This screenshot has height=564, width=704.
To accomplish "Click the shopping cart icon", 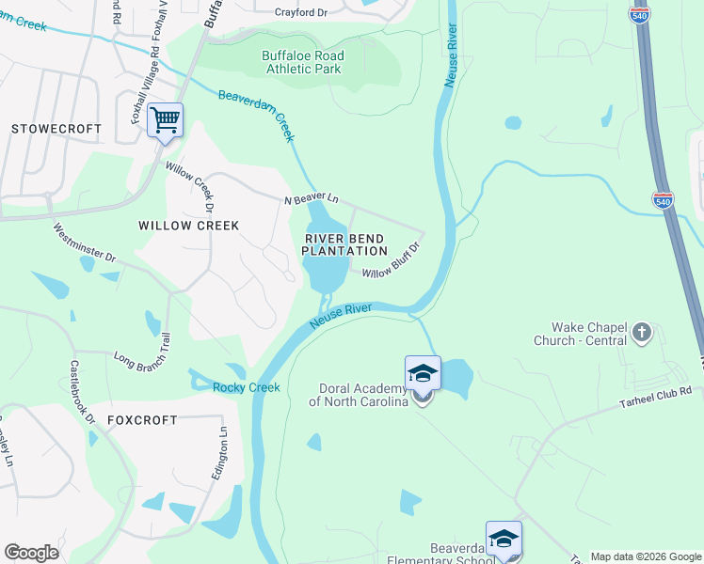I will [165, 120].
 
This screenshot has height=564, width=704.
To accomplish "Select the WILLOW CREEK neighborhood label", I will [188, 226].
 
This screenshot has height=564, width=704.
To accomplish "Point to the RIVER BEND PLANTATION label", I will [344, 244].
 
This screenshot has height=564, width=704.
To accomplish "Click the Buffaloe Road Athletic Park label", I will [303, 62].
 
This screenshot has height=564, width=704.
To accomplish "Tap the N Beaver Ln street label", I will [312, 200].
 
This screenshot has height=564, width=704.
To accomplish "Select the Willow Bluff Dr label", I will [390, 262].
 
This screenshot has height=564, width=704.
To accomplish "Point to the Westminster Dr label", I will [84, 243].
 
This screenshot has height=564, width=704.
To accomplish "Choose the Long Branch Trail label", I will [142, 341].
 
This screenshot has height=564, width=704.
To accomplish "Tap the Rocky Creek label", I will [247, 388].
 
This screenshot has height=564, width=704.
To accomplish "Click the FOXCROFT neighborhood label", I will [142, 419].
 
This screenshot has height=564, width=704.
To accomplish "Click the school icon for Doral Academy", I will [423, 374].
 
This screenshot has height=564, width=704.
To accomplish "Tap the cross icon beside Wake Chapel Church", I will [641, 331].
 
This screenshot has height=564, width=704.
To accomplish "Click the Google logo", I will [31, 553].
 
